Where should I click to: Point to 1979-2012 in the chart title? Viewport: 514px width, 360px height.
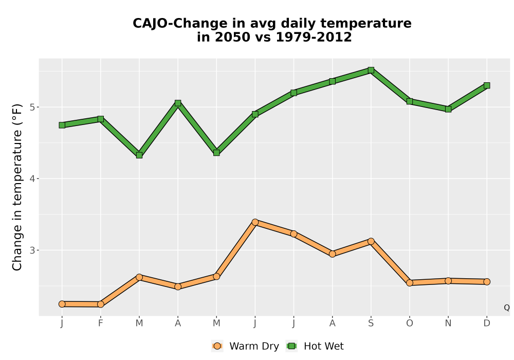tap(314, 37)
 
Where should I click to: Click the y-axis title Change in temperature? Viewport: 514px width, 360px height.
tap(17, 187)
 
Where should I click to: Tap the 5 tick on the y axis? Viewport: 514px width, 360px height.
tap(32, 107)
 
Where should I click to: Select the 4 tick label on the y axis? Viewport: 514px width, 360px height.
tap(32, 178)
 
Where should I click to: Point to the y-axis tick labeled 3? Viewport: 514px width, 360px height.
tap(32, 250)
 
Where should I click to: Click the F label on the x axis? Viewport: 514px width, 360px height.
tap(101, 323)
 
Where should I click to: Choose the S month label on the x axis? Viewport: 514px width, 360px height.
tap(371, 323)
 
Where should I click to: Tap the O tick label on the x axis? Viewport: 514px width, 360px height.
tap(410, 323)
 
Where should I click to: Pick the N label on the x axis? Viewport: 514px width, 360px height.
tap(448, 323)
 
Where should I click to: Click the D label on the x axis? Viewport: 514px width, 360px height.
tap(487, 323)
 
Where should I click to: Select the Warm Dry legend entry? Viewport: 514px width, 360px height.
tap(245, 346)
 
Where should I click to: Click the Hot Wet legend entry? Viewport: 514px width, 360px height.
tap(315, 346)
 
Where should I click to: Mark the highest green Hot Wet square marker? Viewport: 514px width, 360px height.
tap(371, 70)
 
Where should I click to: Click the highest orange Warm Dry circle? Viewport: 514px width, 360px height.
tap(255, 222)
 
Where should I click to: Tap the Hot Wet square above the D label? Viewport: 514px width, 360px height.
tap(487, 85)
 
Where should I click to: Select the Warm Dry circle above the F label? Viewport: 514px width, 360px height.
tap(101, 304)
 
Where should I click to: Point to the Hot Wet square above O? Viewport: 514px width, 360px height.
tap(410, 101)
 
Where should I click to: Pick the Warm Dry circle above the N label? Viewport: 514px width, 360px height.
tap(448, 281)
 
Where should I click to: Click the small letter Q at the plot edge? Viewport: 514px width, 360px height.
tap(507, 308)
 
